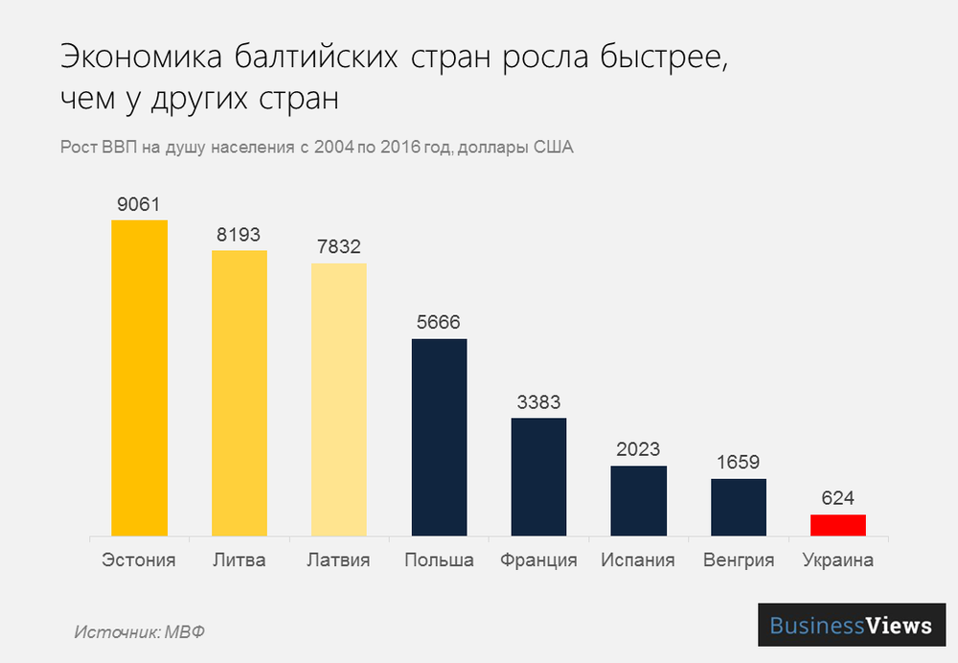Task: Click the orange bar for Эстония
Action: coord(140,377)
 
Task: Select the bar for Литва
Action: coord(239,393)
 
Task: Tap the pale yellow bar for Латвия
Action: coord(339,399)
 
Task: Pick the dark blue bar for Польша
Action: coord(439,437)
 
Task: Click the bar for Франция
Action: coord(538,476)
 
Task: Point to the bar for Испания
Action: coord(638,500)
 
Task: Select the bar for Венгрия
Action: coord(738,507)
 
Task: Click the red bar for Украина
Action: coord(838,525)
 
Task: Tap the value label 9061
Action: coord(139,204)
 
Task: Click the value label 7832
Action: coord(339,247)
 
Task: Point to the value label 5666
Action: coord(439,323)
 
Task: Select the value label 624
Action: coord(837,498)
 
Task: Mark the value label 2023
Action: coord(638,449)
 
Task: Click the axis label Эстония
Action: coord(139,560)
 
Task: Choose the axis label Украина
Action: coord(837,560)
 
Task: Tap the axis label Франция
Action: coord(538,560)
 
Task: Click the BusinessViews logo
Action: coord(852,626)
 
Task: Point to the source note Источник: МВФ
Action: coord(140,632)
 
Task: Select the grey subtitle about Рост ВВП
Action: coord(316,149)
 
